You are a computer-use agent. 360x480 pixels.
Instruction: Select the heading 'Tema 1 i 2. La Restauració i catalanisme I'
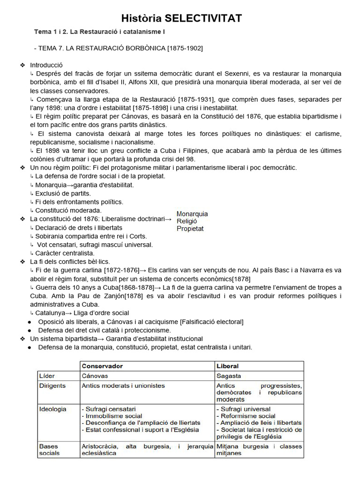pos(99,32)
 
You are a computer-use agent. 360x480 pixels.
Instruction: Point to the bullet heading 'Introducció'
pos(46,65)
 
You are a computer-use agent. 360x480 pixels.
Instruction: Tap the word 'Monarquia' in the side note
pos(192,214)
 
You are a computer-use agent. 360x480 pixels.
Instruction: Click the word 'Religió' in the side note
pos(187,221)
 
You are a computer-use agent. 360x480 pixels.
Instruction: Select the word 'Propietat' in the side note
pos(190,229)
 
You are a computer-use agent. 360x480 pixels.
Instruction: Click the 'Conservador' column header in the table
pos(102,366)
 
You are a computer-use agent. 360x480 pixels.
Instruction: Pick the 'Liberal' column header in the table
pos(227,366)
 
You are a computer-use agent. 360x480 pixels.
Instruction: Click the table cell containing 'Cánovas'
pos(95,376)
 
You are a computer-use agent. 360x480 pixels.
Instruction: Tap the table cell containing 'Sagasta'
pos(229,376)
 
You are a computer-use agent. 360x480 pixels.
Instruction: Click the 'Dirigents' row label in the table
pos(52,386)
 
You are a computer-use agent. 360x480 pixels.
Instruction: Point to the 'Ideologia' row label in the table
pos(52,409)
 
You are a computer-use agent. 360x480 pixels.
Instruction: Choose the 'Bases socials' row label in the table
pos(49,450)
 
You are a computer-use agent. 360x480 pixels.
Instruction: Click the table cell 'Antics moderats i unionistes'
pos(123,386)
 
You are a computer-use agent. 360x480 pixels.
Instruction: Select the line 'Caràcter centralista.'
pos(65,253)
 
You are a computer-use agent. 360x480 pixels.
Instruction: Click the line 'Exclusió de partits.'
pos(63,193)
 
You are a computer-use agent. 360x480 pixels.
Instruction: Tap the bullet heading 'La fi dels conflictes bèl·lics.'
pos(70,262)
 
